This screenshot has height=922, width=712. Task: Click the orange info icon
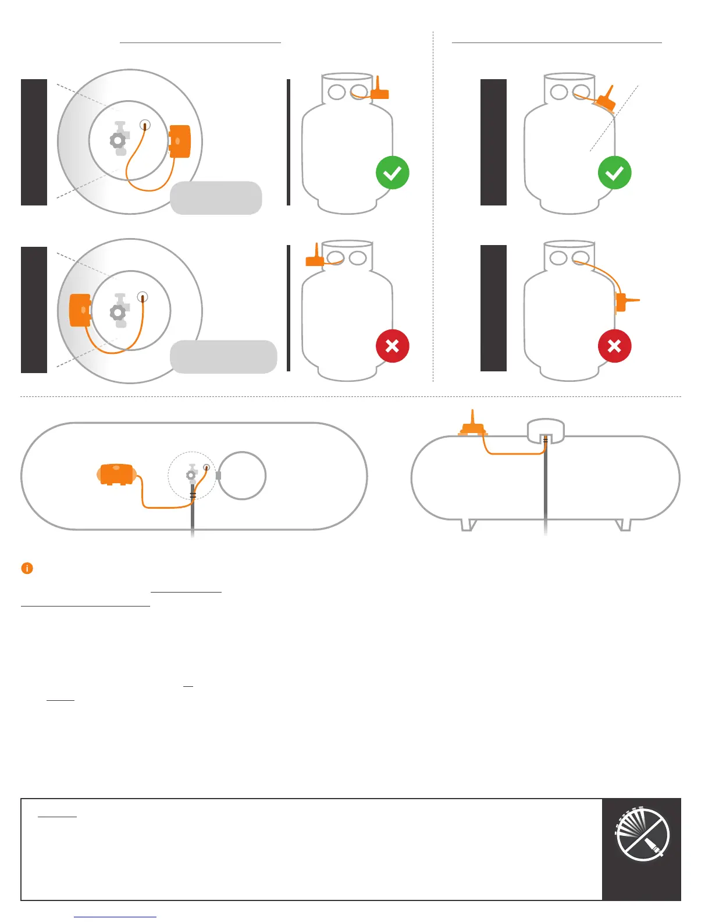(x=27, y=568)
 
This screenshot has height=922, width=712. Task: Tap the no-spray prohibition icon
(x=642, y=834)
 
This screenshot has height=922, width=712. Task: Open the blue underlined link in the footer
(x=115, y=917)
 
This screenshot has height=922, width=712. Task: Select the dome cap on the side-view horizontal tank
(x=545, y=431)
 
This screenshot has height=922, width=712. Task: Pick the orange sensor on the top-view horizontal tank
(x=117, y=474)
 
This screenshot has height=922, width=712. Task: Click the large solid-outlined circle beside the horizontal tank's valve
(x=242, y=476)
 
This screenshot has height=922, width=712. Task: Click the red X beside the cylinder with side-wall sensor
(x=614, y=346)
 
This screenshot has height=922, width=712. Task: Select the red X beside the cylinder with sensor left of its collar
(x=392, y=346)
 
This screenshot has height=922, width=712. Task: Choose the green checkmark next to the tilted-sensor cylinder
(x=614, y=173)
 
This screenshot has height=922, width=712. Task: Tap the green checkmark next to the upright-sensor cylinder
(x=392, y=173)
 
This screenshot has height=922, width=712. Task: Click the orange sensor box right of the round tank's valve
(x=179, y=141)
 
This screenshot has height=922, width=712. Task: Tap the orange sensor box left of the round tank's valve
(x=80, y=310)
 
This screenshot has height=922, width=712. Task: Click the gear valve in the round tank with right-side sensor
(x=119, y=140)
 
